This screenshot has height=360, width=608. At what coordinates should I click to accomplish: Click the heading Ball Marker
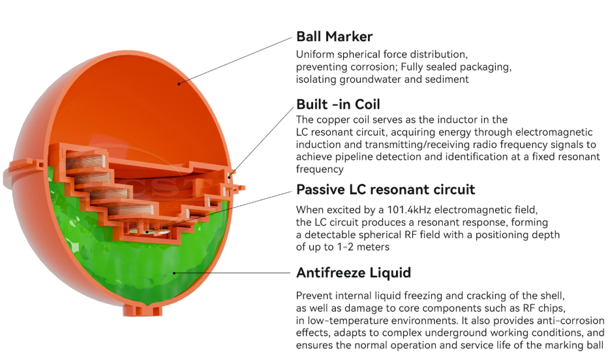[334, 36]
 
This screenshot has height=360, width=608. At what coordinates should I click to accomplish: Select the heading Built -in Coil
[338, 104]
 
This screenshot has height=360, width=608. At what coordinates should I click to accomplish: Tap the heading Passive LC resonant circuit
[386, 190]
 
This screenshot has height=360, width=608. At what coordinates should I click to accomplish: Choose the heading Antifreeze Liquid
[354, 272]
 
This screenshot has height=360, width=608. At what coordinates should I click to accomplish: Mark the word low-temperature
[342, 321]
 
